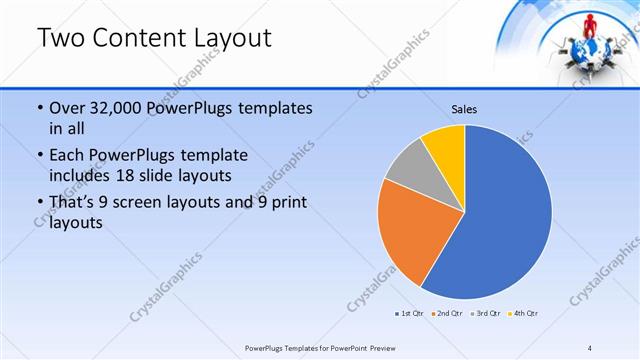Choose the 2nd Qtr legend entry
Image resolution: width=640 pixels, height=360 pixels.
point(447,314)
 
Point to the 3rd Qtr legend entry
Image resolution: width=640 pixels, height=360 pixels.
point(484,314)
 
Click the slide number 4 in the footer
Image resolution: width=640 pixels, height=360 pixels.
point(590,347)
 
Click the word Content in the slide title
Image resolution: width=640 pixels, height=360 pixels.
point(140,38)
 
